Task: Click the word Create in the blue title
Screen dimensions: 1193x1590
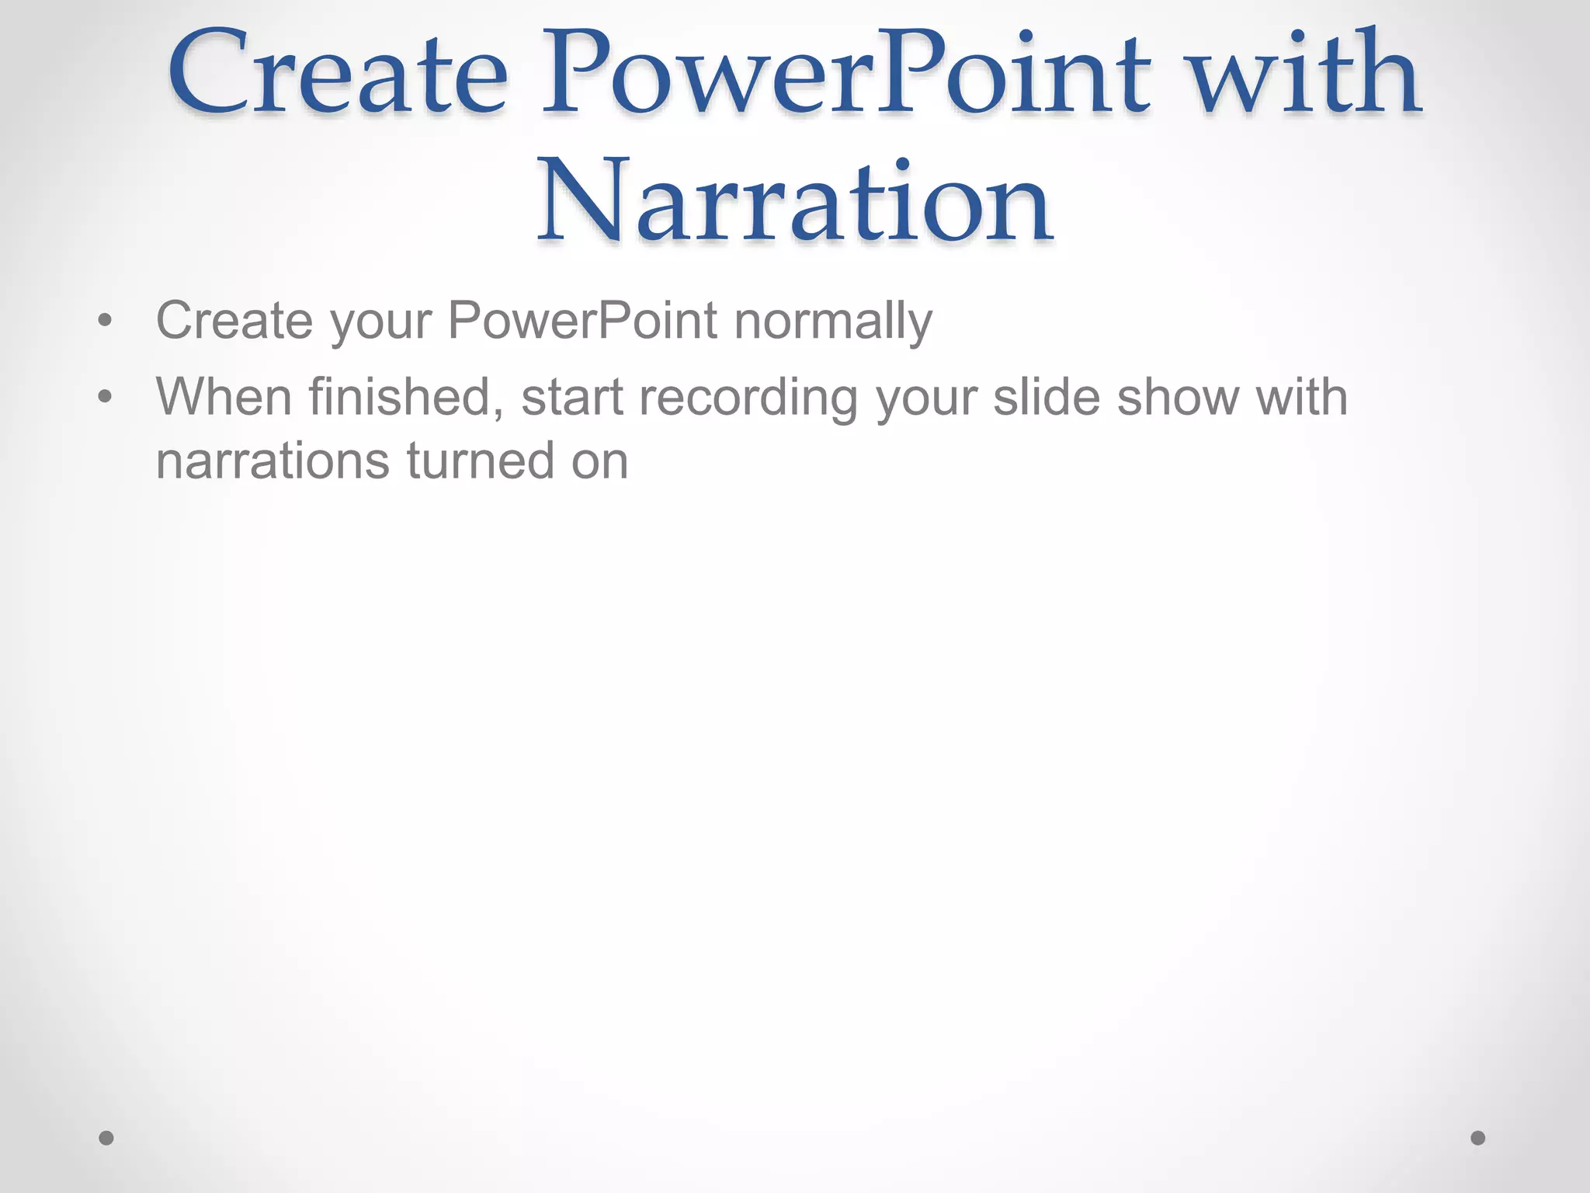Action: pos(338,74)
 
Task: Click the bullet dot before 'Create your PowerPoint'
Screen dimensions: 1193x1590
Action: pos(106,321)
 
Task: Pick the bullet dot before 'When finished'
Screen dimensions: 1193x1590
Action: pos(106,397)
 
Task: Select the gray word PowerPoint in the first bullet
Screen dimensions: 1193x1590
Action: pos(582,320)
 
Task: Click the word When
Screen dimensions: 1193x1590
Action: pos(224,397)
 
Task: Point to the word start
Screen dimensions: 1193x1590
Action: pos(572,397)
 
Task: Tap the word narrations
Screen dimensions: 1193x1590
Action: pos(273,461)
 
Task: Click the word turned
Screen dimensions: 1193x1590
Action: pos(481,461)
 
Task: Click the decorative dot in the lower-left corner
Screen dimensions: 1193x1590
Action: pos(106,1138)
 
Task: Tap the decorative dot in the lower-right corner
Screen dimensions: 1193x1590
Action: pos(1478,1138)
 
